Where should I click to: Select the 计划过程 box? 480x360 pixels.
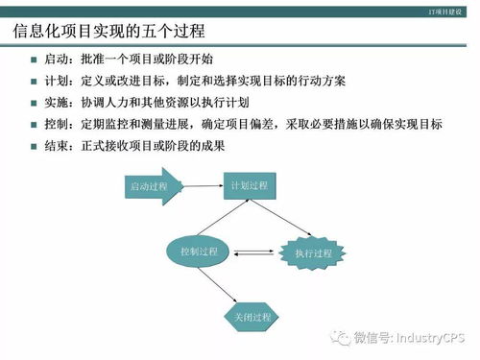[x=248, y=184]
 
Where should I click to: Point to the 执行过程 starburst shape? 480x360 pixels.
[x=306, y=252]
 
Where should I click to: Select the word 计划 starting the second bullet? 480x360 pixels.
[x=56, y=82]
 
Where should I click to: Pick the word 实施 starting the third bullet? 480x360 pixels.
[x=56, y=103]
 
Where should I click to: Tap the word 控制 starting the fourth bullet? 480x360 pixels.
[x=56, y=124]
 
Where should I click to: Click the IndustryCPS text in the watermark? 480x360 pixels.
[x=426, y=337]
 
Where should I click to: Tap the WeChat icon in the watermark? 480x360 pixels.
[x=341, y=337]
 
